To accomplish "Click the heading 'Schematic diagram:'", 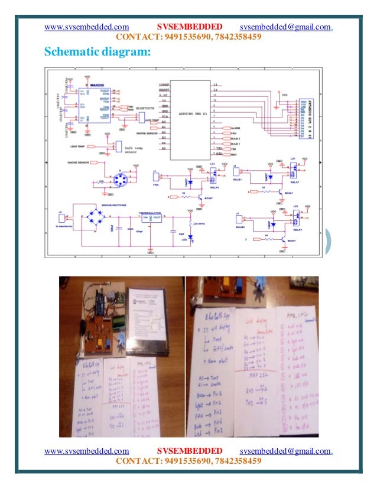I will point(97,53).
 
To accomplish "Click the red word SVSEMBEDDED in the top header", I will point(190,27).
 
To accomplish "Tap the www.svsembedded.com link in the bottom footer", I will point(87,451).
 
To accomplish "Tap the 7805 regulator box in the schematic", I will point(151,219).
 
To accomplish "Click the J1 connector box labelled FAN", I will point(156,175).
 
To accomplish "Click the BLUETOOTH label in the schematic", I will point(146,109).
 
